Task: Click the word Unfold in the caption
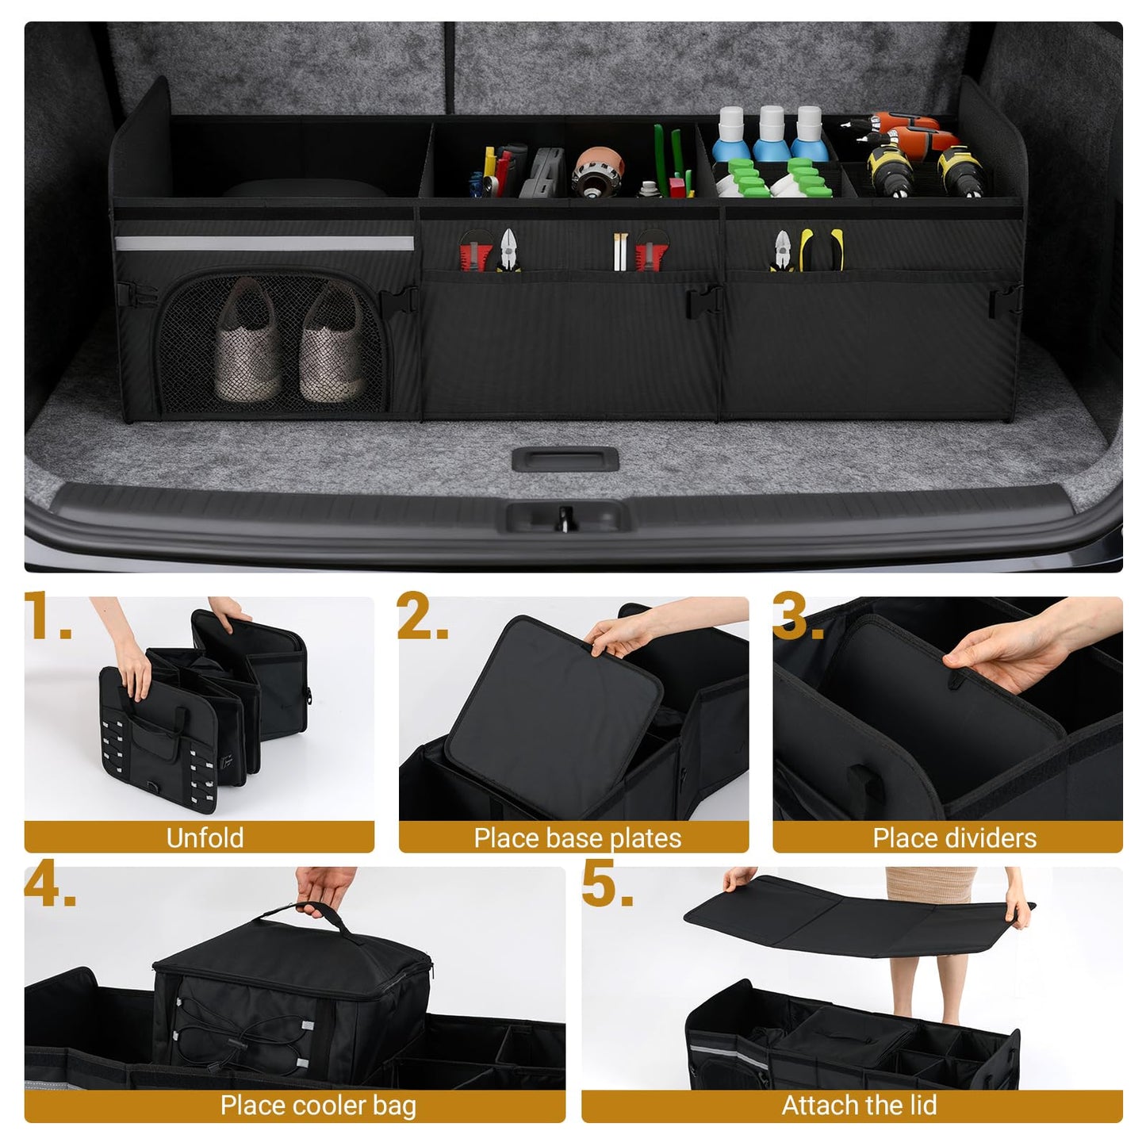(x=205, y=837)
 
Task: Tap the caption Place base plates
(x=577, y=838)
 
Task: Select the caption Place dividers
(x=954, y=838)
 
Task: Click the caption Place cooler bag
(x=318, y=1106)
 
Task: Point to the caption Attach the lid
(x=859, y=1106)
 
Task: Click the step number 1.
(x=48, y=616)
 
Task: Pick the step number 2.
(x=423, y=616)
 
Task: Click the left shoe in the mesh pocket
(x=248, y=345)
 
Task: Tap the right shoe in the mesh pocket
(x=333, y=345)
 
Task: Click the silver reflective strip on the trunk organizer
(x=264, y=243)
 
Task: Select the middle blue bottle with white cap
(x=769, y=135)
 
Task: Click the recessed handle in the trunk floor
(x=565, y=459)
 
